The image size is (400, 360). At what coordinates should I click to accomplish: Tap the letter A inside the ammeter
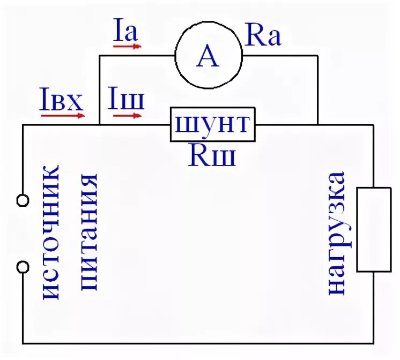(x=208, y=56)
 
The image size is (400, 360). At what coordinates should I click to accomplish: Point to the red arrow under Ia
(x=127, y=47)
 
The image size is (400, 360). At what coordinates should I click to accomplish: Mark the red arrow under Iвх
(x=63, y=115)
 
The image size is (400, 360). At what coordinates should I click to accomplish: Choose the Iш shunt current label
(x=126, y=99)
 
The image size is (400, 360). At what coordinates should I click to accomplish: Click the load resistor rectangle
(x=374, y=229)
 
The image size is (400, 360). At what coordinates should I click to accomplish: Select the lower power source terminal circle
(x=23, y=266)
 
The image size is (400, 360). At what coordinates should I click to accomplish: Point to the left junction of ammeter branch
(x=100, y=125)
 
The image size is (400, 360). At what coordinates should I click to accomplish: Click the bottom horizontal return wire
(x=198, y=342)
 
